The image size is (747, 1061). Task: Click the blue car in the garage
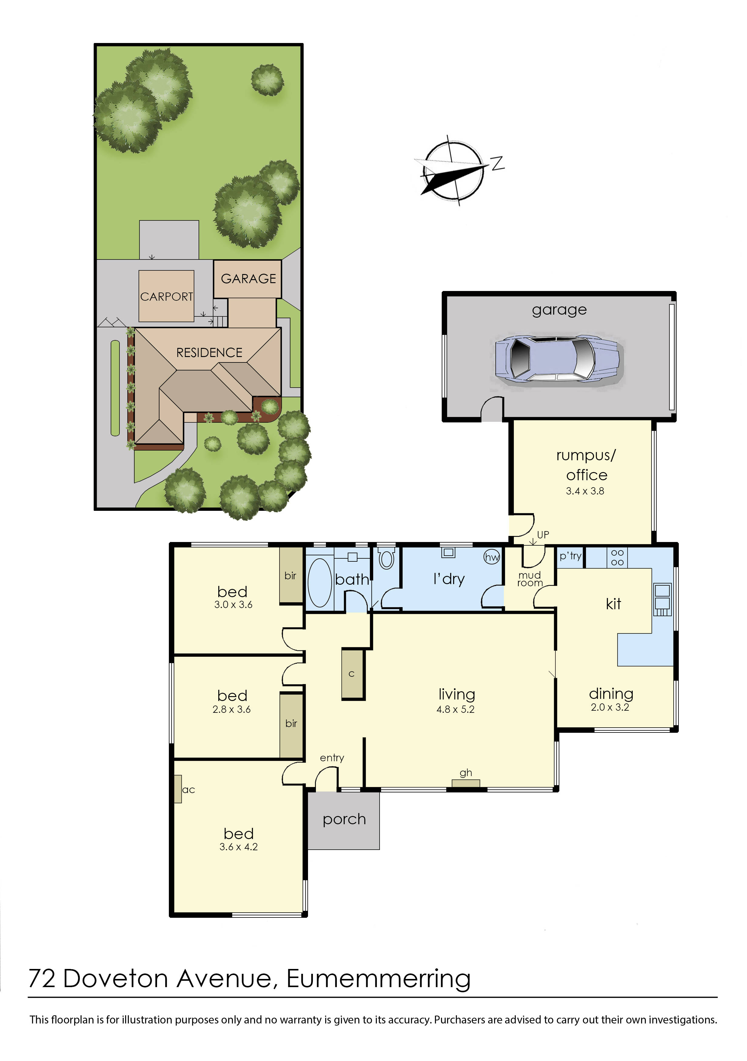click(557, 359)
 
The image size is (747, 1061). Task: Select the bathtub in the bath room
click(319, 582)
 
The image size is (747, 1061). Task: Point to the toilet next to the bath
click(386, 559)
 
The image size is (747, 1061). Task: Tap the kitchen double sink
click(662, 596)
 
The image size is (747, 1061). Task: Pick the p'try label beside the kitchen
click(570, 556)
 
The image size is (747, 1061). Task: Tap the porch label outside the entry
click(344, 819)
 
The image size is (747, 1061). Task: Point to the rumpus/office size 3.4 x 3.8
click(585, 491)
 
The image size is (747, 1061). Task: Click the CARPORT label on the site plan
click(166, 297)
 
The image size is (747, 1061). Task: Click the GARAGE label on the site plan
click(248, 279)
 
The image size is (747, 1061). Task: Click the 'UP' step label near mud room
click(543, 535)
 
